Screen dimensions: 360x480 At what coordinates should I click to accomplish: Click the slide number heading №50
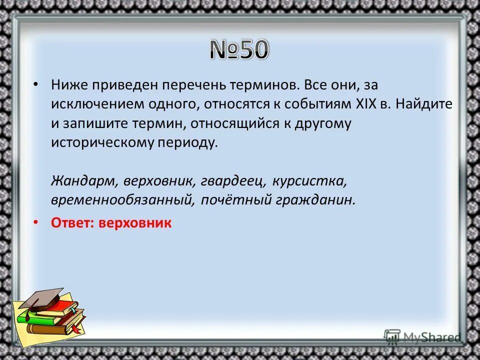click(239, 49)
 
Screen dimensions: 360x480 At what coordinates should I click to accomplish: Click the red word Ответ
click(72, 223)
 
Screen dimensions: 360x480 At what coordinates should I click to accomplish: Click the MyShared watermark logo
click(423, 336)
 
